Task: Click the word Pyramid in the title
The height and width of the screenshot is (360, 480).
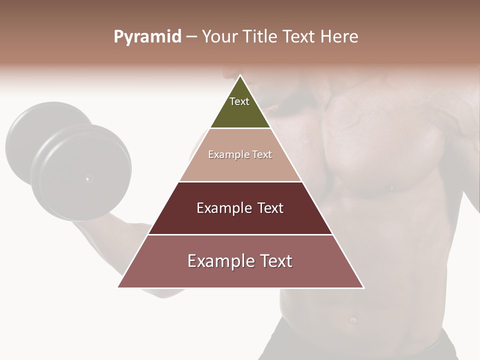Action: [x=147, y=37]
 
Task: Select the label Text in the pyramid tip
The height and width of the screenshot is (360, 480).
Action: [x=239, y=101]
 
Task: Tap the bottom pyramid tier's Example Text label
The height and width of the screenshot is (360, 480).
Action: [x=240, y=261]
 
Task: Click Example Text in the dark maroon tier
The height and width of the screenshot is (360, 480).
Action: [x=240, y=208]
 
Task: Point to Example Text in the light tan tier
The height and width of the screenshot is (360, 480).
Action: [x=240, y=154]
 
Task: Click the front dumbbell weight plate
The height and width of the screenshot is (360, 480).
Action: [x=82, y=172]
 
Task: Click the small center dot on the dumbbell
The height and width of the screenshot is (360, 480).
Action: [x=87, y=178]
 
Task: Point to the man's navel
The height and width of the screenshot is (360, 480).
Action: [x=353, y=319]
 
